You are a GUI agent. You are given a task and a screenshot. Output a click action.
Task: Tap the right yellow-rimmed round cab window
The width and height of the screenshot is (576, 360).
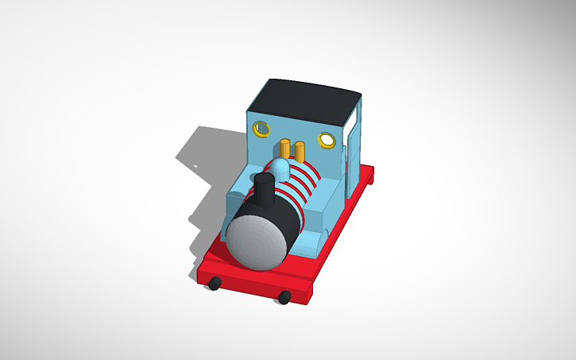pyautogui.click(x=326, y=140)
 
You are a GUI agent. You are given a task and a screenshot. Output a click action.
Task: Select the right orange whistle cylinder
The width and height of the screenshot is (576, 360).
pyautogui.click(x=300, y=151)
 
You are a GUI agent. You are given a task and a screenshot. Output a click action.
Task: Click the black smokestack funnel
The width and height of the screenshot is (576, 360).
pyautogui.click(x=264, y=191)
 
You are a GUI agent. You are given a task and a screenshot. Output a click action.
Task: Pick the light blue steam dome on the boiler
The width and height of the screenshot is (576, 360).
pyautogui.click(x=280, y=168)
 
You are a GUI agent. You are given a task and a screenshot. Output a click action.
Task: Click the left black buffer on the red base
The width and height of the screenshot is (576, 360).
pyautogui.click(x=215, y=283)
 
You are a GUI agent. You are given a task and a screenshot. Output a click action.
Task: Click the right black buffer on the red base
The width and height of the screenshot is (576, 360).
pyautogui.click(x=284, y=297)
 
